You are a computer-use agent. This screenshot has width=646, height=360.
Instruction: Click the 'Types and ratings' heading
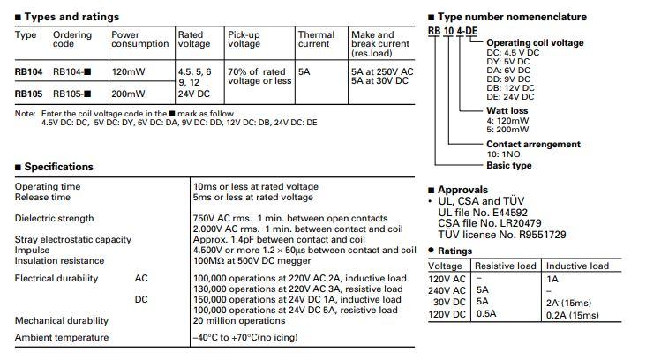(x=71, y=17)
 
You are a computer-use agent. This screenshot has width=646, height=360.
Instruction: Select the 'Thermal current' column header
(x=316, y=40)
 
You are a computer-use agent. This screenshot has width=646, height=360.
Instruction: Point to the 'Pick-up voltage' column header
(x=244, y=40)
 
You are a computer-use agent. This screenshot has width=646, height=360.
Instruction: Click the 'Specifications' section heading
(x=57, y=167)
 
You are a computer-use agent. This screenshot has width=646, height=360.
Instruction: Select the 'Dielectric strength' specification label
(x=55, y=218)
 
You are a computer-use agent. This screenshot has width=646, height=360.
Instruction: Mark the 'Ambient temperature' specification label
(x=62, y=337)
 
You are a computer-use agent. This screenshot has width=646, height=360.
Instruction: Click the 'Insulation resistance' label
(x=59, y=260)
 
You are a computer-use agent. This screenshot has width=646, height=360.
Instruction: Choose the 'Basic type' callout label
(x=509, y=165)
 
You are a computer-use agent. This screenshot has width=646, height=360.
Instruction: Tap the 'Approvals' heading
(x=462, y=190)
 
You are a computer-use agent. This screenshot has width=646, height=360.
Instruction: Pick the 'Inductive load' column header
(x=577, y=266)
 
